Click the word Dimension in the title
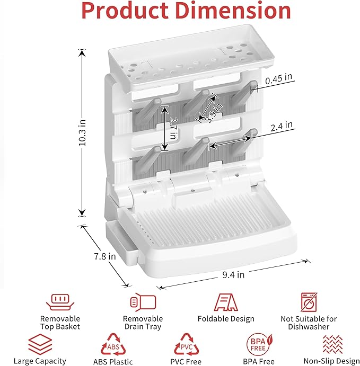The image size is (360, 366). click(x=233, y=11)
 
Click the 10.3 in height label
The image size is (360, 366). click(x=83, y=133)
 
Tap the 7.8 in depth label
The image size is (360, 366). click(x=105, y=256)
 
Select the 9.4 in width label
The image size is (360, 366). click(x=233, y=275)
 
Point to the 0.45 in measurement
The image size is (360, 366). click(x=279, y=79)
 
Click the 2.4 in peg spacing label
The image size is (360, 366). click(x=282, y=126)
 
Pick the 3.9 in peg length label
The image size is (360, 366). click(x=214, y=113)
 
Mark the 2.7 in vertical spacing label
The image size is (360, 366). click(x=173, y=128)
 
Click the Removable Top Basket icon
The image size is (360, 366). click(x=60, y=302)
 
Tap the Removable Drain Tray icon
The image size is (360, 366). click(x=143, y=302)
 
